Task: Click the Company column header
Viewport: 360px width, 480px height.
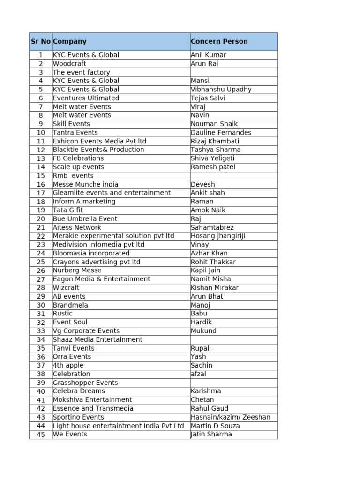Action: tap(70, 41)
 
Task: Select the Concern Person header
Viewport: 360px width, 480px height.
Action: tap(219, 41)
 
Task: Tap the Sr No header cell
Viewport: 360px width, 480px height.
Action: tap(41, 41)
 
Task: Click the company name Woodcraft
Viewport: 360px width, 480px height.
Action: tap(69, 64)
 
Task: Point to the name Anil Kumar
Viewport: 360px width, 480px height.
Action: tap(208, 55)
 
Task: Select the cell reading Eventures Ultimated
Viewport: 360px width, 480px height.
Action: tap(86, 98)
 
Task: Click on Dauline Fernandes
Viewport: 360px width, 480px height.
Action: tap(221, 133)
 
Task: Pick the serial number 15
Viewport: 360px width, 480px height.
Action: tap(41, 176)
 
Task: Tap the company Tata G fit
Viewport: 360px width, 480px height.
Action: tap(67, 210)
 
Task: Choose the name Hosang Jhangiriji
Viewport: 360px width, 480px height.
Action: tap(218, 236)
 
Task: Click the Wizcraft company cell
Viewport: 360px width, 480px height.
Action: tap(66, 288)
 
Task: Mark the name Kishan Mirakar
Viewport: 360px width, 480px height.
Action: tap(215, 288)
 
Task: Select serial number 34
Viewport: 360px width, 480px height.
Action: tap(41, 339)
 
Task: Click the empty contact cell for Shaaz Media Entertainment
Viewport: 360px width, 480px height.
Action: tap(233, 339)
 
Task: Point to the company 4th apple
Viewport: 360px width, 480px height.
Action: tap(68, 365)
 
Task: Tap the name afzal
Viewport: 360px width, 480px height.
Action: tap(198, 374)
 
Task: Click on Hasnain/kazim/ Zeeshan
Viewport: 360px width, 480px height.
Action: tap(230, 417)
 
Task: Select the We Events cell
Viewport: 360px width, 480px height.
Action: tap(70, 434)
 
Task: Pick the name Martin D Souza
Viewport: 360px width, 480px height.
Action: tap(215, 426)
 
